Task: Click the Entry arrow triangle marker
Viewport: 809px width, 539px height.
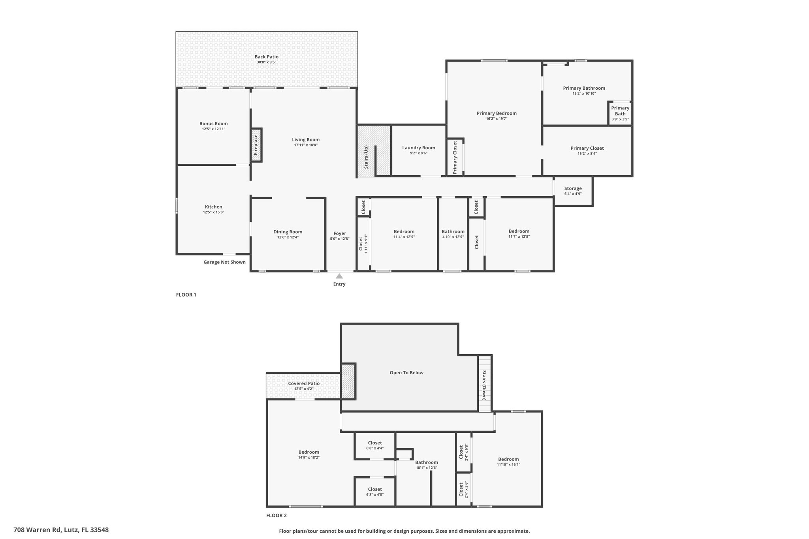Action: pyautogui.click(x=339, y=276)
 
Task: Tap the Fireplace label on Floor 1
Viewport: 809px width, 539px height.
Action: pyautogui.click(x=256, y=145)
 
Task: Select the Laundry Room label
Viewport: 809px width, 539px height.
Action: pyautogui.click(x=419, y=148)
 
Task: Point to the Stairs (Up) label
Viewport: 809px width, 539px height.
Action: pyautogui.click(x=366, y=157)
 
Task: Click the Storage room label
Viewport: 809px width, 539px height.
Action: pyautogui.click(x=573, y=188)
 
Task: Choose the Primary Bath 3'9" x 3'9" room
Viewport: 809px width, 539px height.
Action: pyautogui.click(x=620, y=113)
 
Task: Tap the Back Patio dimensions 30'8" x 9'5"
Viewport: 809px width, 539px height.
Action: pyautogui.click(x=267, y=62)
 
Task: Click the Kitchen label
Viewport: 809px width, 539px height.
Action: pyautogui.click(x=213, y=207)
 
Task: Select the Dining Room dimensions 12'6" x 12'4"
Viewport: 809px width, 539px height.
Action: pyautogui.click(x=288, y=237)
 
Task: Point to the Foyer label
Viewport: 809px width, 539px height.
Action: pyautogui.click(x=340, y=233)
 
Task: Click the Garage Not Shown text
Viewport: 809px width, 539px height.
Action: pyautogui.click(x=224, y=262)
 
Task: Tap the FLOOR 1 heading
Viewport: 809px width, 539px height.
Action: pyautogui.click(x=186, y=295)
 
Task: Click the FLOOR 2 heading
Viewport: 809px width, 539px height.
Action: pyautogui.click(x=277, y=515)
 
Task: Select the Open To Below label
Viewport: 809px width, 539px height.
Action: pyautogui.click(x=406, y=372)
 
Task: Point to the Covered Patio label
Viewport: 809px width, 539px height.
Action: pyautogui.click(x=304, y=383)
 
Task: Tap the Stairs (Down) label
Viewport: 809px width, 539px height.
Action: pyautogui.click(x=484, y=385)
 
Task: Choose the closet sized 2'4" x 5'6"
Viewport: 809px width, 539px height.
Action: pyautogui.click(x=463, y=490)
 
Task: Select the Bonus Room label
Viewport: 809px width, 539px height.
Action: pyautogui.click(x=213, y=124)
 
